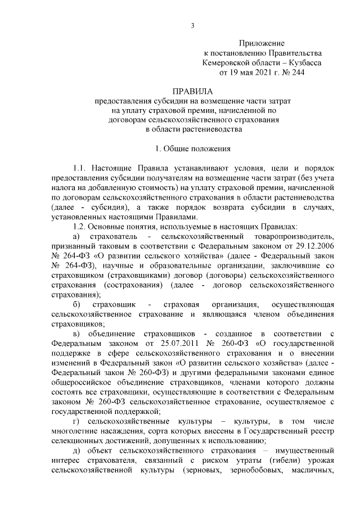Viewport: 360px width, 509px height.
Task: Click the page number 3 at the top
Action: pyautogui.click(x=192, y=25)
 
